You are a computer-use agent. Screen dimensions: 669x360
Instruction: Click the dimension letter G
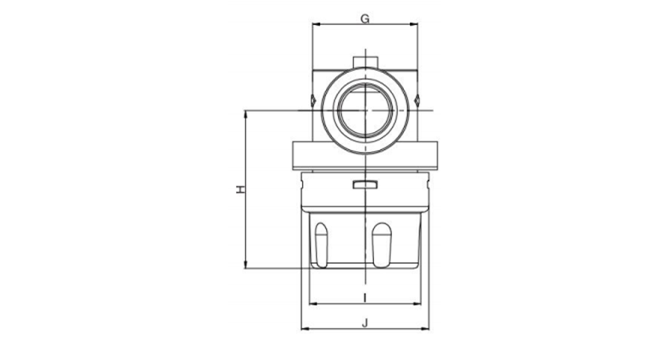(x=365, y=19)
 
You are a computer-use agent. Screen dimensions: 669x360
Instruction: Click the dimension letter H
(x=241, y=189)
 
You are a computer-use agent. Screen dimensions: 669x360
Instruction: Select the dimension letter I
(x=365, y=297)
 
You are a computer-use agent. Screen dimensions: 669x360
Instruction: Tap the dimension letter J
(x=365, y=323)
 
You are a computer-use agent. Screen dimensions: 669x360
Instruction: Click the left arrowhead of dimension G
(x=316, y=24)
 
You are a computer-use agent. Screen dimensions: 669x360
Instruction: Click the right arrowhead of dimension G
(x=414, y=24)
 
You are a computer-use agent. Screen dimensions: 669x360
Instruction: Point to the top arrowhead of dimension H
(x=245, y=114)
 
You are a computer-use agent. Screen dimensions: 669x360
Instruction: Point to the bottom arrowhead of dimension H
(x=245, y=265)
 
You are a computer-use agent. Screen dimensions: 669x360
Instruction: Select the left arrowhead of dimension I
(x=313, y=303)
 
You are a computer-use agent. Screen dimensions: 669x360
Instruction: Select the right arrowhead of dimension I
(x=418, y=303)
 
